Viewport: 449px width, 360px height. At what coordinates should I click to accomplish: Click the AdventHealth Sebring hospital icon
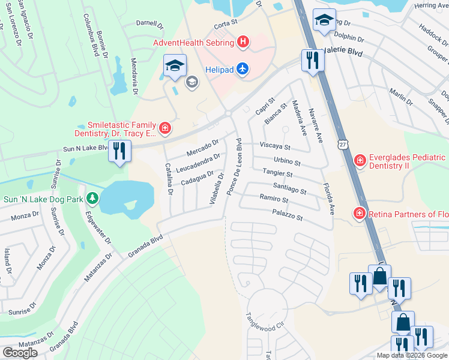click(243, 42)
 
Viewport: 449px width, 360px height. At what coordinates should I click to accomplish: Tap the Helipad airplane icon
click(242, 69)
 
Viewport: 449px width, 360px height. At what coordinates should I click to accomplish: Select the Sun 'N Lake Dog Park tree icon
click(92, 197)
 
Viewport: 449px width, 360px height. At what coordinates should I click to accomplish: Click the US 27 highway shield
click(342, 145)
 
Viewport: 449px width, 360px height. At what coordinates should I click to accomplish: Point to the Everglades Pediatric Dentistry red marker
click(360, 160)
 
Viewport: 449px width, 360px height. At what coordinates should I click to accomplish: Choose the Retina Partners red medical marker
click(360, 214)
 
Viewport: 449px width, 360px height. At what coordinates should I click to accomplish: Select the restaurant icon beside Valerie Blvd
click(311, 61)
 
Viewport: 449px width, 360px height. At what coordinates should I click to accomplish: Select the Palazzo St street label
click(287, 215)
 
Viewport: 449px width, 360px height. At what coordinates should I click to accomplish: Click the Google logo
click(20, 353)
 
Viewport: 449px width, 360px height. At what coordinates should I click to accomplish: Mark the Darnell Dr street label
click(149, 25)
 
